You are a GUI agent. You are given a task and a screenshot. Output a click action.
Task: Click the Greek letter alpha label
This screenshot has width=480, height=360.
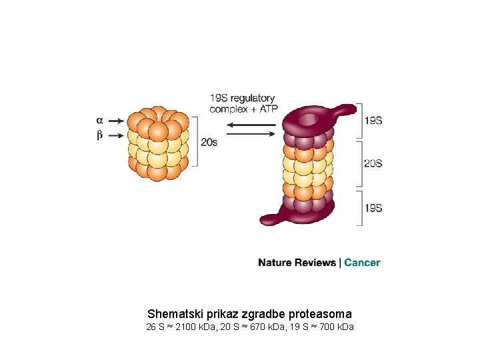point(99,121)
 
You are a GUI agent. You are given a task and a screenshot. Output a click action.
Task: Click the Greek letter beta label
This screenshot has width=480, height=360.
point(99,135)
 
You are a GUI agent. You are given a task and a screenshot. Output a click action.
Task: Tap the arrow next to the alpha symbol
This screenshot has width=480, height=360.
point(116,121)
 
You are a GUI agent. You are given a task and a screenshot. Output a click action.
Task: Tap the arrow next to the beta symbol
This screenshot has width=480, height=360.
point(116,135)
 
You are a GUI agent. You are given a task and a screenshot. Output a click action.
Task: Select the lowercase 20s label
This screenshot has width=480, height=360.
point(209,142)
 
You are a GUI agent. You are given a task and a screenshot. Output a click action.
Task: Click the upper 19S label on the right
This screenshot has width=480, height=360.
point(373,121)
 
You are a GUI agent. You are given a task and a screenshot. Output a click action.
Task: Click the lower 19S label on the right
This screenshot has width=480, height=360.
point(373,207)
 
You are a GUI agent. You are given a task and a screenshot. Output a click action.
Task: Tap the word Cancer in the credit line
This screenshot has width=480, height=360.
point(362,263)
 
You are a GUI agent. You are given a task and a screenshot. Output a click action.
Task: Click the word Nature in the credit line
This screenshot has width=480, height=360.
point(275,263)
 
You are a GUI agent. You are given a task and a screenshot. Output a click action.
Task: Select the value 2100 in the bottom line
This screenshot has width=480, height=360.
point(183,327)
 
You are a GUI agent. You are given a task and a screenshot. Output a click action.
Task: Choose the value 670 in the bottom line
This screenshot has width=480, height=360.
point(256,327)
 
